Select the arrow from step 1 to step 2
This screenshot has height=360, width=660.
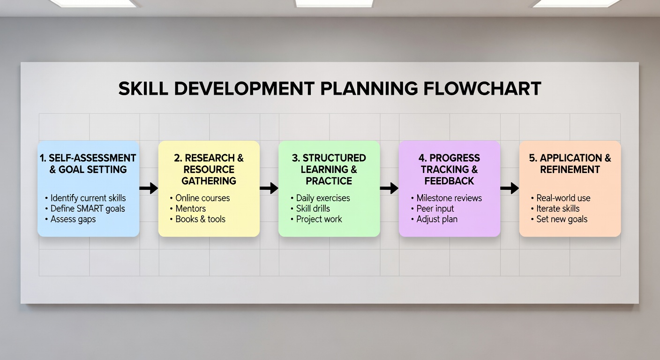tap(149, 188)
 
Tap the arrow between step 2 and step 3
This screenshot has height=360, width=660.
tap(269, 188)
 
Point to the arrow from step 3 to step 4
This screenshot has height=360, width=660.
tap(389, 188)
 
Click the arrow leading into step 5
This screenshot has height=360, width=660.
tap(510, 188)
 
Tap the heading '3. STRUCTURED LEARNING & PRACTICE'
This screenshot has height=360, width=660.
tap(329, 169)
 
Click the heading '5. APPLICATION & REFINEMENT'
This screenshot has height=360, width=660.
tap(570, 164)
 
